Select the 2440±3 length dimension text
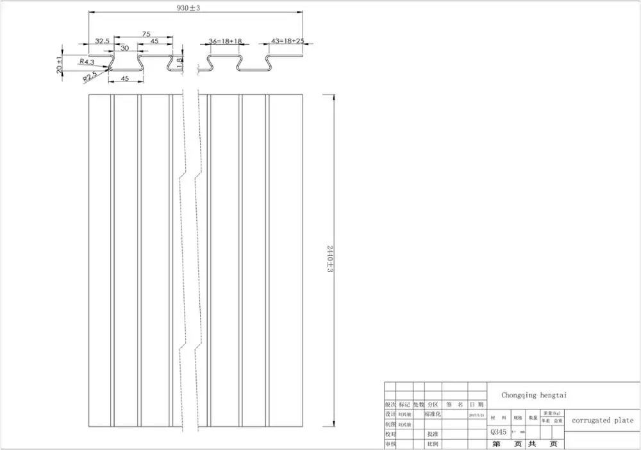329,258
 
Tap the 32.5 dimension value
102,41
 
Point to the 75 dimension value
146,34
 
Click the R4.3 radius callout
87,62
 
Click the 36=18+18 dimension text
225,41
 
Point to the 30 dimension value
124,48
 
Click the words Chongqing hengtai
534,396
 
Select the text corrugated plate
602,420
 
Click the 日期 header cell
476,405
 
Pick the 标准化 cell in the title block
433,415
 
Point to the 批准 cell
433,435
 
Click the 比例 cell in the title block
433,444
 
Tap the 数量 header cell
533,418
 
